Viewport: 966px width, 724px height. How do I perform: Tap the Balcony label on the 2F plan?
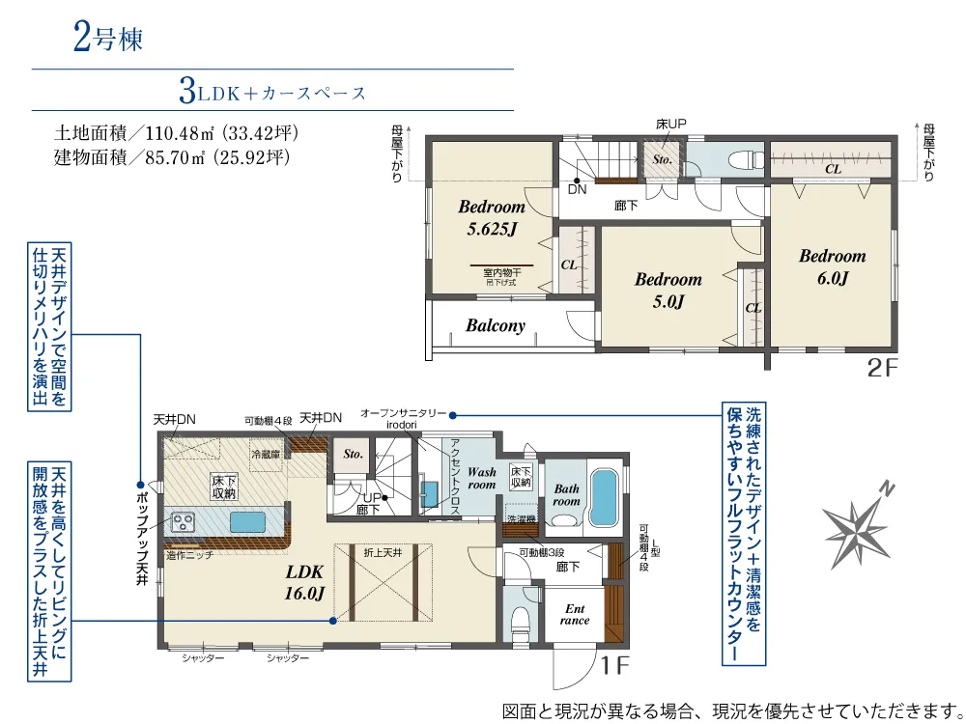495,325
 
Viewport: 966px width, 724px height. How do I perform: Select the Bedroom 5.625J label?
491,217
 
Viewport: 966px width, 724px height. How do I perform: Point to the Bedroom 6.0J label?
832,267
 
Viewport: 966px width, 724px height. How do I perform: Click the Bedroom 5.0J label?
668,290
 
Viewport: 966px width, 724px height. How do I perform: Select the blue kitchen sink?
248,522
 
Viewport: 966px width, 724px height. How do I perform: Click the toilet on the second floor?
744,159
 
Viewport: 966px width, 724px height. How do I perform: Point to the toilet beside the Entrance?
519,618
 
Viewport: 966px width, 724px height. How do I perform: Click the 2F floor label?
881,368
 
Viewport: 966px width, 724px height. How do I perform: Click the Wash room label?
481,478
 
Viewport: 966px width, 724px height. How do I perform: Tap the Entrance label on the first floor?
574,614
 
